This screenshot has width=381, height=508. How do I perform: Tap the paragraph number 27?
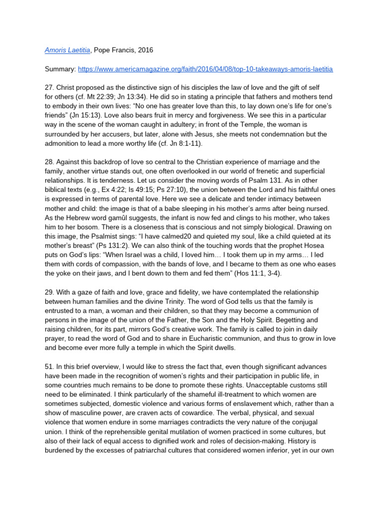49,88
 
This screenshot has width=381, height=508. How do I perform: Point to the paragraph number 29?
49,292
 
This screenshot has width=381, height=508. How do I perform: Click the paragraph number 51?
49,367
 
